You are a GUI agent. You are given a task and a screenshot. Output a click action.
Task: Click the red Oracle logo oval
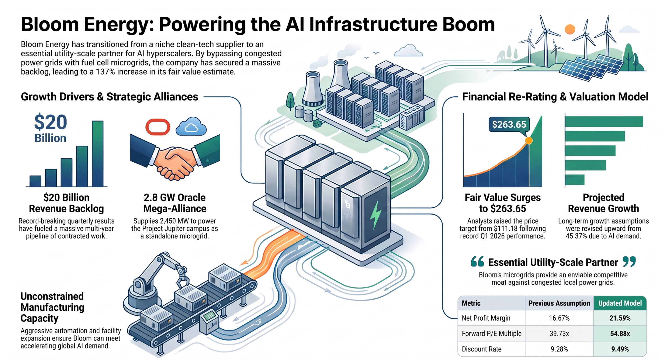pos(158,127)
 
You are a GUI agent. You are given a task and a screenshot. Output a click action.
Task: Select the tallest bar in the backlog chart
pos(98,154)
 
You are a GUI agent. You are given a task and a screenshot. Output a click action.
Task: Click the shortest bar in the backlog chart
pos(35,181)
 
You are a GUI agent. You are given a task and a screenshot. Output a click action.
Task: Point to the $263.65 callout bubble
pos(509,124)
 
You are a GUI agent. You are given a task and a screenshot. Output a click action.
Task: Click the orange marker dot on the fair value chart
pos(529,141)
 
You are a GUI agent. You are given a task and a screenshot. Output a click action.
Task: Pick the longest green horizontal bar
pos(604,122)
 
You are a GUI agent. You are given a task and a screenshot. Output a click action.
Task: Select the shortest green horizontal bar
pos(575,180)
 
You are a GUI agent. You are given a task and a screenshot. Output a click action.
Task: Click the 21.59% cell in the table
pos(620,318)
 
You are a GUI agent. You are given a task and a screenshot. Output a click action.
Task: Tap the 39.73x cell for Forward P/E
pos(559,334)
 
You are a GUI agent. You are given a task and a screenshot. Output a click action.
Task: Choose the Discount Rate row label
pos(481,349)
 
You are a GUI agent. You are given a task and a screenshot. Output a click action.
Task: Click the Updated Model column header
pos(620,303)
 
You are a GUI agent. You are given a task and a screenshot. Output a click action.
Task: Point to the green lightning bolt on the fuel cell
pos(376,215)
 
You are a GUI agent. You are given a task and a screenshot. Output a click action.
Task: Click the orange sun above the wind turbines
pos(570,29)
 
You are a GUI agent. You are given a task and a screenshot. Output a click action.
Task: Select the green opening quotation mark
pos(477,261)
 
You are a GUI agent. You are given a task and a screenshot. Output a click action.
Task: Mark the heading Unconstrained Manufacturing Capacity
pos(52,307)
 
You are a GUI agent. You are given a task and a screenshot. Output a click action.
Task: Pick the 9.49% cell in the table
pos(620,349)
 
